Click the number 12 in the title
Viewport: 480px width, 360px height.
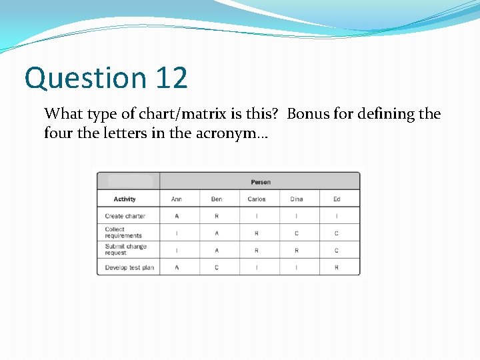click(172, 78)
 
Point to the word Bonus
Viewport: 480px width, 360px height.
click(309, 114)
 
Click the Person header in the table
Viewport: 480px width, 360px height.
click(260, 182)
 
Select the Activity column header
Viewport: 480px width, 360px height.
click(125, 199)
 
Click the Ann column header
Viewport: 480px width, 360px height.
click(177, 199)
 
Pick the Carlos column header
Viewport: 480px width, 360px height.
click(257, 199)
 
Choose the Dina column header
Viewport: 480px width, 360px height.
click(297, 199)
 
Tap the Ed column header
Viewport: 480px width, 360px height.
click(337, 199)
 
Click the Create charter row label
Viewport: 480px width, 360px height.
click(125, 216)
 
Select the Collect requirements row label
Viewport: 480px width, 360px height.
click(123, 233)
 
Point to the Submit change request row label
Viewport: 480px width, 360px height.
click(125, 250)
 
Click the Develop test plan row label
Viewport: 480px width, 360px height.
click(129, 267)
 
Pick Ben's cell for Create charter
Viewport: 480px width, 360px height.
click(217, 216)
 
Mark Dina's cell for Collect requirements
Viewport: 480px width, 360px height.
click(297, 233)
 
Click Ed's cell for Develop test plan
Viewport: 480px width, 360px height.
click(337, 267)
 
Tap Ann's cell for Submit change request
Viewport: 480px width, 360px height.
click(177, 251)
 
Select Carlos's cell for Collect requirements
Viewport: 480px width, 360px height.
click(257, 233)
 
